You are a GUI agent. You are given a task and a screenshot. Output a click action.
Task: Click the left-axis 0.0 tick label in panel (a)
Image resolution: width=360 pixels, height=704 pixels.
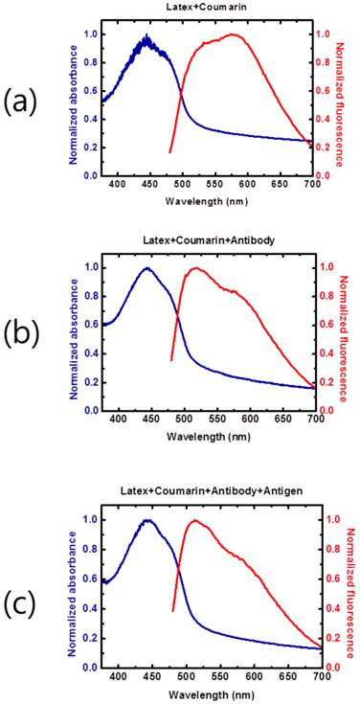[89, 176]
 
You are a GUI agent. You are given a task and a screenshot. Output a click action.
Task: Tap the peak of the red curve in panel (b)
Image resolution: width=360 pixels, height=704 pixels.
[195, 268]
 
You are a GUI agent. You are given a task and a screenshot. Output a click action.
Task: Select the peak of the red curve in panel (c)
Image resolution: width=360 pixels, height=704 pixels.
[195, 520]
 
